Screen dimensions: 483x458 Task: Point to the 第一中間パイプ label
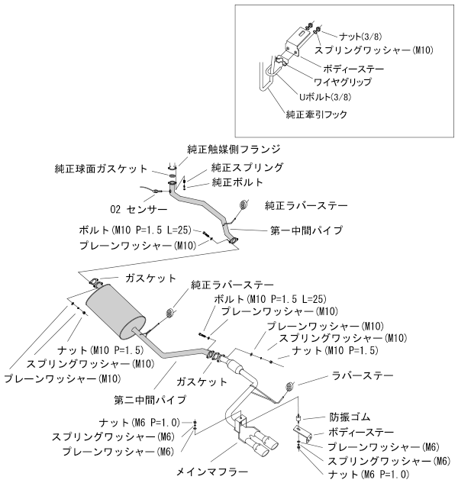[x=306, y=229]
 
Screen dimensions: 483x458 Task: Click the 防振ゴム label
[x=349, y=417]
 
